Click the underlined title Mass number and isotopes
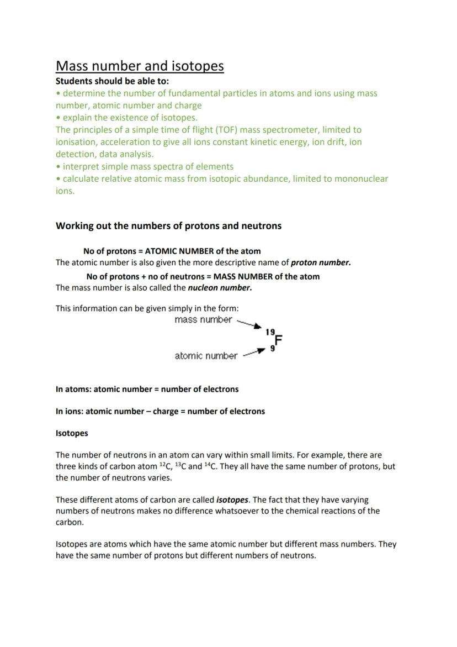140,66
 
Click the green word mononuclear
359,178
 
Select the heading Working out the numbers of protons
168,225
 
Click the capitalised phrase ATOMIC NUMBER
178,251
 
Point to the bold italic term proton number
321,262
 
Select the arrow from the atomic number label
254,352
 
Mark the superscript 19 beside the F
270,332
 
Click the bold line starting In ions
160,411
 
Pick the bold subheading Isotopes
72,433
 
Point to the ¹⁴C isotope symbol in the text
210,466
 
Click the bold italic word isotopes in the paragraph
232,499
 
